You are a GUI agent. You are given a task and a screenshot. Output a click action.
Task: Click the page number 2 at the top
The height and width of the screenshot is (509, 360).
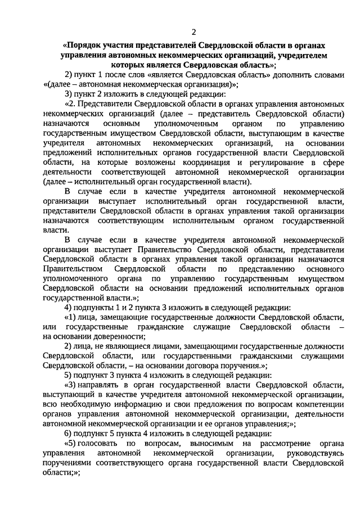tap(193, 30)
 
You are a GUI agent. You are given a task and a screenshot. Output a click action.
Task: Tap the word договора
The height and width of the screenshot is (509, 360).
tap(210, 366)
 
